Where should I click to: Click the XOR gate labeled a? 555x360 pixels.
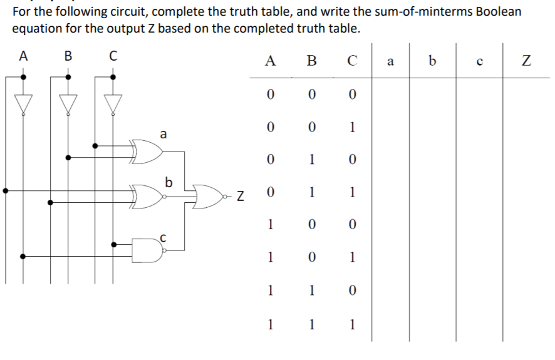coord(147,152)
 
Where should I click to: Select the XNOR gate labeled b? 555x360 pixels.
coord(147,196)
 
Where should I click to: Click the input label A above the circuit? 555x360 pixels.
coord(23,56)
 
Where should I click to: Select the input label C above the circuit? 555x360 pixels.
coord(113,56)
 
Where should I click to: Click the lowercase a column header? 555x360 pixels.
coord(391,61)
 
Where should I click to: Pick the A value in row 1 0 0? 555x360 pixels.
coord(270,225)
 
